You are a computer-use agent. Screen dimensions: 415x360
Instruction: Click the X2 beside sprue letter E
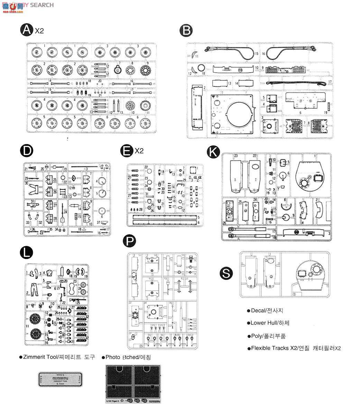click(139, 151)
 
